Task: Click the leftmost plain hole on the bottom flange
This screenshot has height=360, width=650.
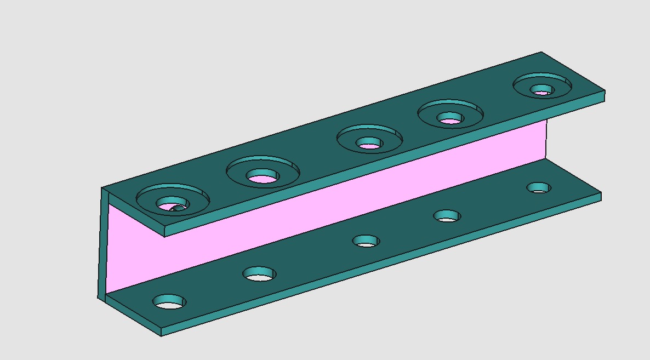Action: point(169,301)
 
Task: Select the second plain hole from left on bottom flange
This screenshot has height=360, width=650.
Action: point(259,273)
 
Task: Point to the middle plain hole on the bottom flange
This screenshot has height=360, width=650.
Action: point(366,241)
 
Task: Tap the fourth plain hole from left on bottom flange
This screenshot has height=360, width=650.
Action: point(447,216)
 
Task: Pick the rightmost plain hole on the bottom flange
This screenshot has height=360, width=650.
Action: point(539,188)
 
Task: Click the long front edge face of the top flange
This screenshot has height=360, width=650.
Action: point(384,164)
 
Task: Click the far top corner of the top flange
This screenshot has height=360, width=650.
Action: point(541,53)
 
